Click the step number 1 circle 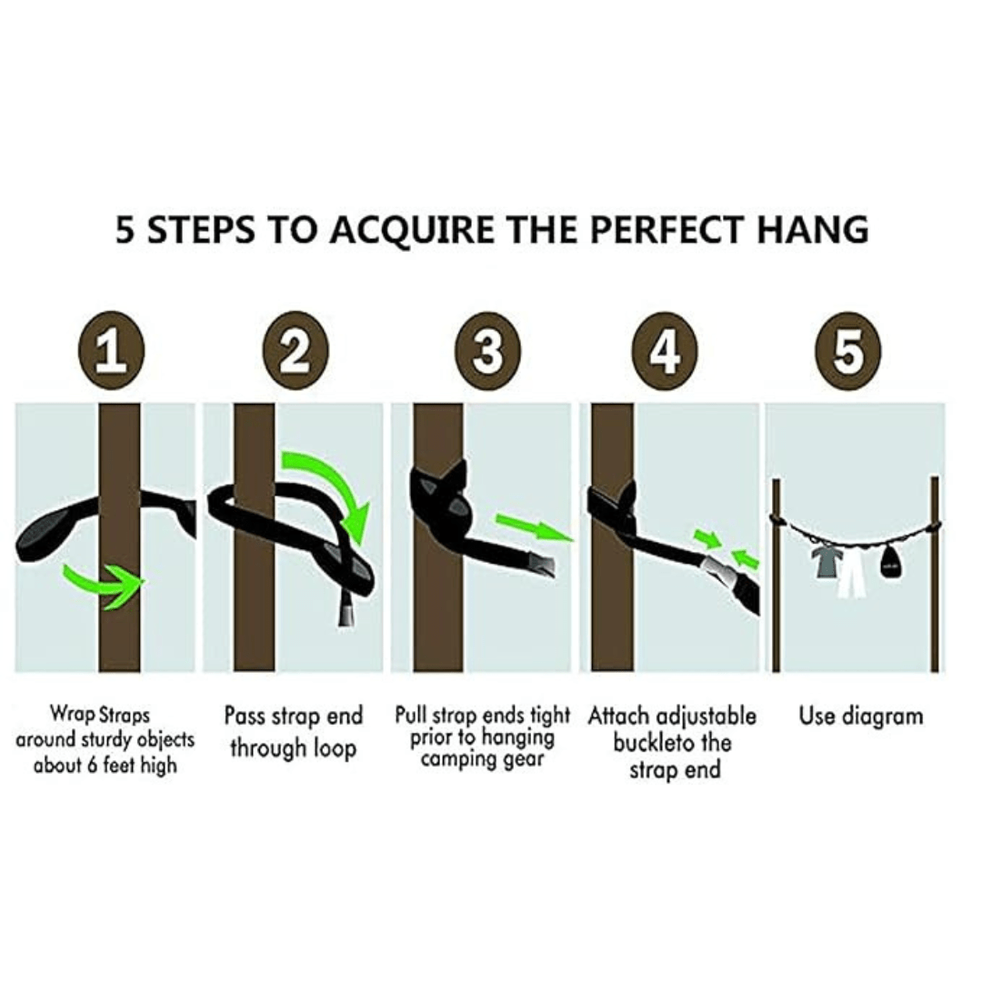point(112,353)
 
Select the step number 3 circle point(488,353)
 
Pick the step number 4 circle point(666,353)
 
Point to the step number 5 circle point(847,353)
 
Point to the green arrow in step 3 point(532,527)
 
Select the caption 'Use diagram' point(861,716)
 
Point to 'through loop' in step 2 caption point(293,748)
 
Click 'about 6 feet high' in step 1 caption point(105,765)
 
